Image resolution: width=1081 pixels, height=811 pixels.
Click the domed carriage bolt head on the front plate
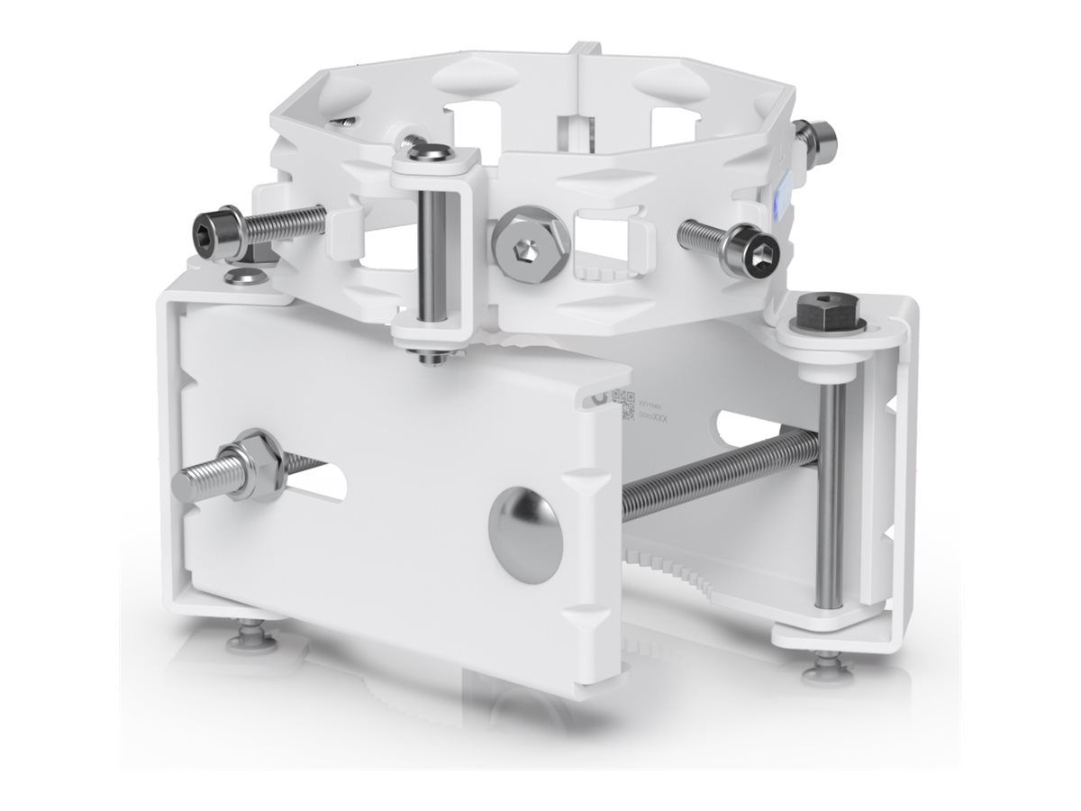point(528,532)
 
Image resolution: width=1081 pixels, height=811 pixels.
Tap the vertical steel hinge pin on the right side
point(831,496)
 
